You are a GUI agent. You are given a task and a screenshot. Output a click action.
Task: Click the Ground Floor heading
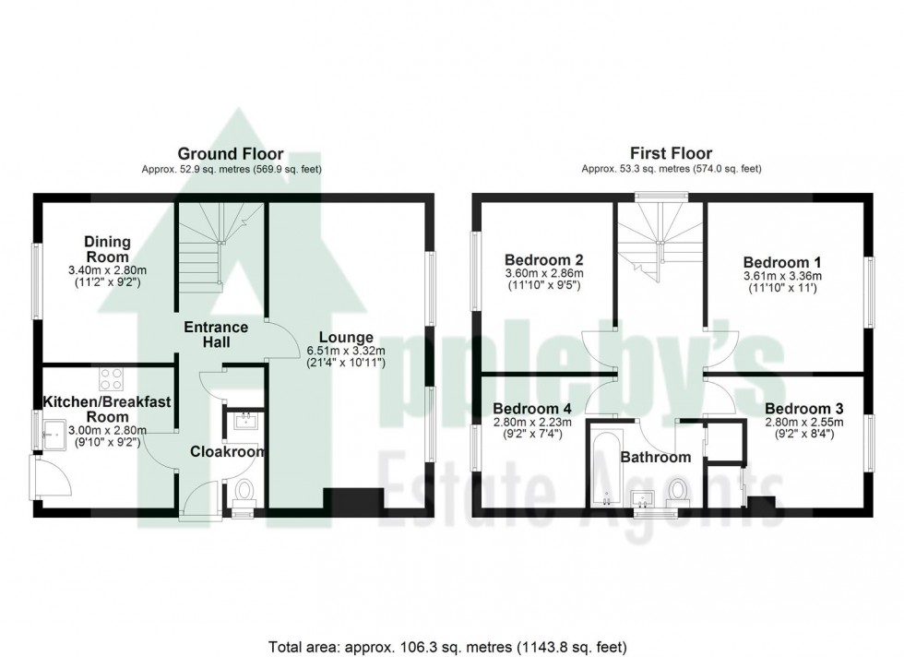point(231,154)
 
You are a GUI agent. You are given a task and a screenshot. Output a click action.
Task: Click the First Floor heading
point(671,154)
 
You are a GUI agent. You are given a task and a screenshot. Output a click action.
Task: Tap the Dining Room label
point(108,249)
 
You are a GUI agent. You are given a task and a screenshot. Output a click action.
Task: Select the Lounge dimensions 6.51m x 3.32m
point(346,351)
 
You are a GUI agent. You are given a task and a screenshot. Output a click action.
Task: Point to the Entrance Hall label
point(216,335)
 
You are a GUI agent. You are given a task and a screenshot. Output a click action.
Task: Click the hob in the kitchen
point(112,379)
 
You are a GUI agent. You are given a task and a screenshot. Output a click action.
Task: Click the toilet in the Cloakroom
point(245,492)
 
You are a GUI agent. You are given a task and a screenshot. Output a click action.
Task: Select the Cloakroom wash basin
point(246,423)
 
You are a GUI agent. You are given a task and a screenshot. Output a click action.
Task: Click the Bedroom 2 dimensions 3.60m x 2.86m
point(543,274)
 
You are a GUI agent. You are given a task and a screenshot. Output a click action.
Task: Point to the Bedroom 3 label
point(803,409)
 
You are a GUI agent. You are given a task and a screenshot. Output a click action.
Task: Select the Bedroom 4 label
point(532,409)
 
